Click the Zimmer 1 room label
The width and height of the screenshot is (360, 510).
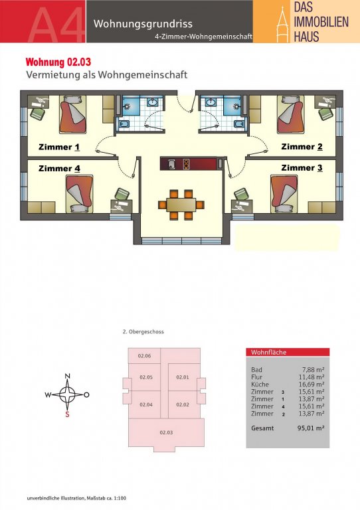coord(59,147)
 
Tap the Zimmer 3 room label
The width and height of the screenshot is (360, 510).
coord(302,168)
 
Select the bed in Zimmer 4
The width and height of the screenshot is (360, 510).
coord(79,194)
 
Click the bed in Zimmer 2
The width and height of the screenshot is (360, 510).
coord(291,114)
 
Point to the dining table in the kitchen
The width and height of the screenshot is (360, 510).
coord(181,205)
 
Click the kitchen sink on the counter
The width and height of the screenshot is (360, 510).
coord(172,163)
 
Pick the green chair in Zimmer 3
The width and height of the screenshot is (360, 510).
coord(241,194)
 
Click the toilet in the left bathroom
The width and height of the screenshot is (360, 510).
coord(124,124)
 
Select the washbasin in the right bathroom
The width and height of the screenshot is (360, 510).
coord(210,102)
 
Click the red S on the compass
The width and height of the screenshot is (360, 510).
coord(67,414)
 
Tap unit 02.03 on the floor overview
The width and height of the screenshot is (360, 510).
coord(166,432)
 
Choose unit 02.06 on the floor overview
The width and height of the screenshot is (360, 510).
coord(144,356)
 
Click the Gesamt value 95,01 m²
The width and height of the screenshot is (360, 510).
coord(311,428)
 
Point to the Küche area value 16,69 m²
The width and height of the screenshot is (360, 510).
coord(312,384)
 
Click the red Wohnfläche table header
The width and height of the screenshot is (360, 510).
coord(288,352)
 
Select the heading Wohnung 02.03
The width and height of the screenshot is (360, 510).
coord(58,62)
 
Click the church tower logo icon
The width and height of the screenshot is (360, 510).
coord(282,25)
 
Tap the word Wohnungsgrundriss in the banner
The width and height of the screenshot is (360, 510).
coord(143,24)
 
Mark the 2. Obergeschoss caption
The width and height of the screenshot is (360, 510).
coord(143,332)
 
